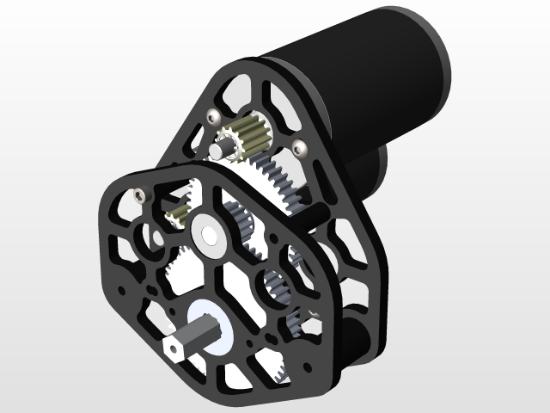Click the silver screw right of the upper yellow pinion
[x=298, y=145]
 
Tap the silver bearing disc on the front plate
[x=209, y=232]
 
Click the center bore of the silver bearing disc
[x=209, y=232]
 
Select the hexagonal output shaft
[x=186, y=339]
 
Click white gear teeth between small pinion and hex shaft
[x=185, y=262]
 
